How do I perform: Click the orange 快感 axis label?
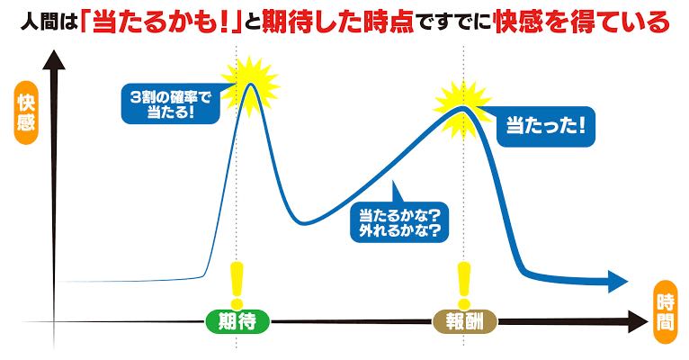pos(26,112)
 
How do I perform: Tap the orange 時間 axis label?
pos(666,312)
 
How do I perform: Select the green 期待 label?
pos(237,322)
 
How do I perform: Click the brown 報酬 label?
pos(465,322)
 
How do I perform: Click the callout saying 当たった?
pos(545,126)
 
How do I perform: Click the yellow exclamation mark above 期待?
pos(237,285)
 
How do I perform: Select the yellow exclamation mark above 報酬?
pos(464,285)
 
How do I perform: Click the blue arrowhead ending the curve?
pos(618,282)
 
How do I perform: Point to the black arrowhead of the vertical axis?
pos(54,59)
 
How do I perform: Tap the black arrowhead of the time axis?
pos(638,322)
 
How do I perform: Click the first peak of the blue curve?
pos(250,84)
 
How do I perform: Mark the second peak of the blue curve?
pos(462,108)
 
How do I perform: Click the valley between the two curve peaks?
pos(305,222)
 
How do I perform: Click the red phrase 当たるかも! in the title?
pos(160,22)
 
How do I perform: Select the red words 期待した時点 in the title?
pos(338,22)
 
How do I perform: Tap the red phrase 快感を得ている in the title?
pos(581,22)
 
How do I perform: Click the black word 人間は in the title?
pos(49,22)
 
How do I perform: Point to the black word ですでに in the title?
pos(453,22)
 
